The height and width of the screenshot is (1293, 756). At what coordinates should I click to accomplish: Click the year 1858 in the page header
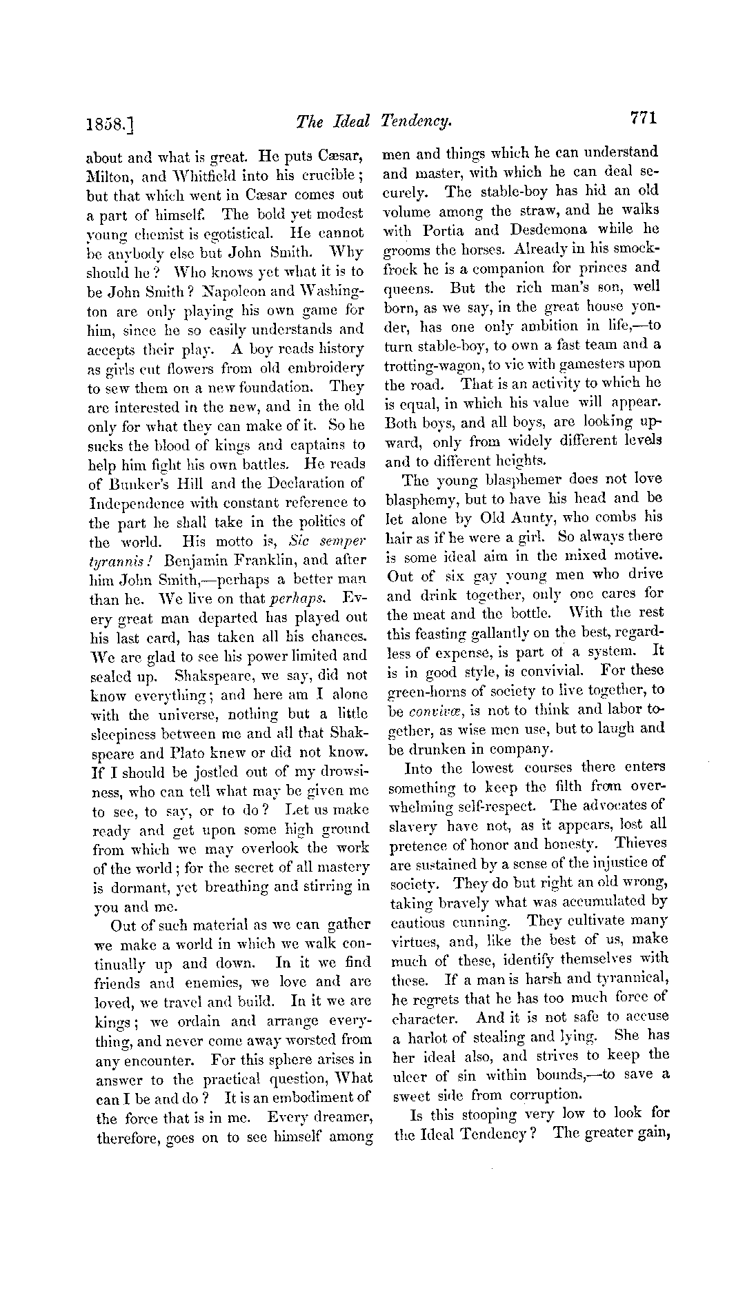pos(109,123)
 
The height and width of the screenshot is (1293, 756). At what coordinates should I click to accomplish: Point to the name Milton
pos(111,176)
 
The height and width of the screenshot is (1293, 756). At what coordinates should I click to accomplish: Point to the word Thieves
pos(641,843)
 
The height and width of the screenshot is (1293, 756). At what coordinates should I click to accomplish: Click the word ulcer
pos(408,1074)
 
